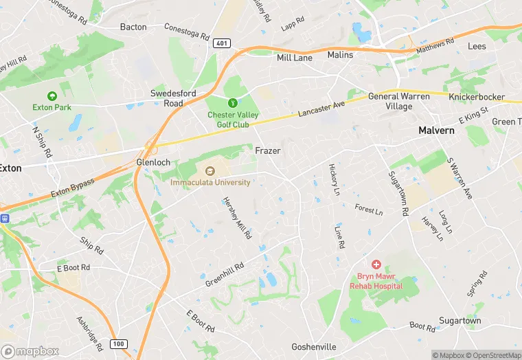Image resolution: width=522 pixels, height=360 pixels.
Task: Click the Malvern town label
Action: click(x=437, y=131)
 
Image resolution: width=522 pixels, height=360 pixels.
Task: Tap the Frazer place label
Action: click(x=269, y=150)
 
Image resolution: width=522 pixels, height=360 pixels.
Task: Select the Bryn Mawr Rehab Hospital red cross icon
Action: click(x=376, y=264)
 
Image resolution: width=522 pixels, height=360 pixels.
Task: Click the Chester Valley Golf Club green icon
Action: click(x=233, y=102)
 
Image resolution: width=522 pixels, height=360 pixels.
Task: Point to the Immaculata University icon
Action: click(x=210, y=170)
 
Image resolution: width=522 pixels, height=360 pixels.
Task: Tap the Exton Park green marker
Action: click(x=52, y=96)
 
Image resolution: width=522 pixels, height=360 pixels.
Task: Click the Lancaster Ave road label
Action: click(x=321, y=110)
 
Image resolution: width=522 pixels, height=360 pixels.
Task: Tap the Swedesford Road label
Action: click(x=168, y=98)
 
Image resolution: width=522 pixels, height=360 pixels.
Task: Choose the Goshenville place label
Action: click(x=316, y=347)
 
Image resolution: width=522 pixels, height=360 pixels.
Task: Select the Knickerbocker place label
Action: click(x=477, y=98)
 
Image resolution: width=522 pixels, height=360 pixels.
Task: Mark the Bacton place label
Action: click(x=133, y=27)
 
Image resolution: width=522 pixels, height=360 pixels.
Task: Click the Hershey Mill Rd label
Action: click(x=237, y=218)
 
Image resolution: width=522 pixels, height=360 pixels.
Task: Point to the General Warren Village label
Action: click(x=399, y=102)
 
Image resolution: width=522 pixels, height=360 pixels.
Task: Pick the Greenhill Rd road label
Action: click(x=224, y=275)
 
